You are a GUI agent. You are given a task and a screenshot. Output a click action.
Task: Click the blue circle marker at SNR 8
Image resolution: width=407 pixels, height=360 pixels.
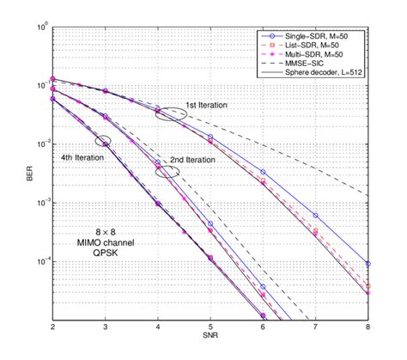tap(368, 264)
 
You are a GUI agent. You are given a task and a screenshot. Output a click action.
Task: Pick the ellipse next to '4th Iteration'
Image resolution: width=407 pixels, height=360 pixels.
tap(104, 141)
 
